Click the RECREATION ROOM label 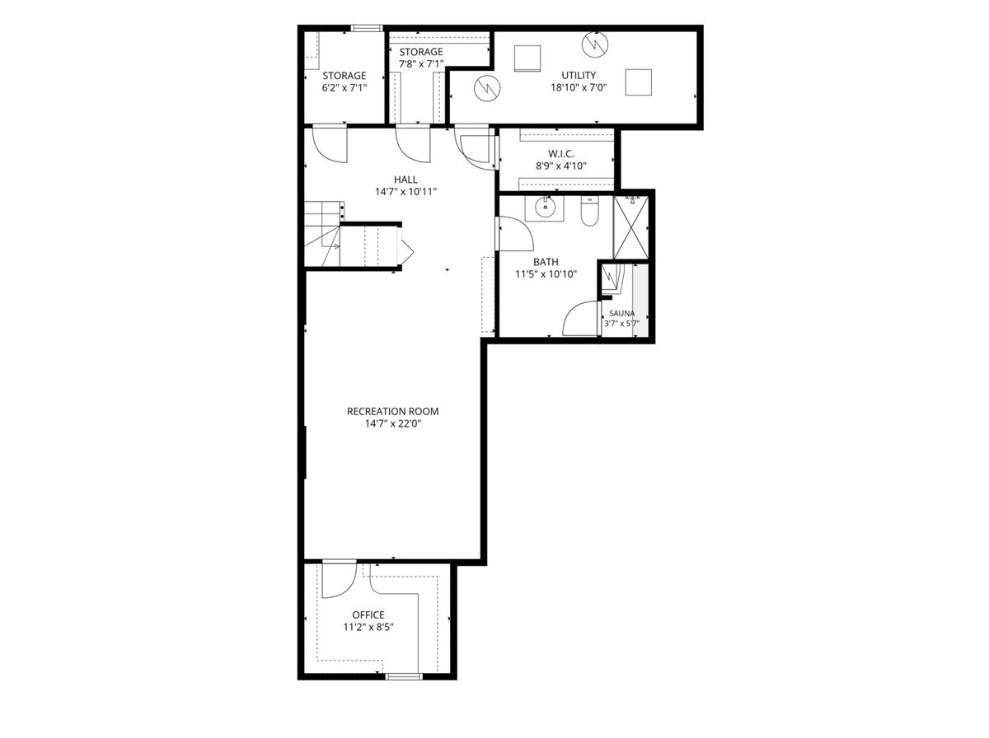click(x=392, y=411)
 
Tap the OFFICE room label click(x=368, y=614)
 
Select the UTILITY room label click(x=579, y=75)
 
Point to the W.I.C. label click(x=561, y=153)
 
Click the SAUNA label click(x=621, y=313)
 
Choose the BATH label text click(x=546, y=262)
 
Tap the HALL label click(x=405, y=180)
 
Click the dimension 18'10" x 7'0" click(x=579, y=87)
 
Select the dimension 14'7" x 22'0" click(x=393, y=423)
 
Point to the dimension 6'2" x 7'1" click(x=345, y=87)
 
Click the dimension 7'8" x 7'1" click(x=421, y=64)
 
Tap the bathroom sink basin click(x=546, y=207)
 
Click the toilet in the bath click(x=589, y=211)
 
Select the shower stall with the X click(x=630, y=227)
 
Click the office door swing click(x=339, y=580)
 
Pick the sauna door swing click(x=581, y=318)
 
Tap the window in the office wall click(x=404, y=689)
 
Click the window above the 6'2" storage click(x=367, y=28)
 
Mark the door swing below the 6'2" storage click(x=330, y=144)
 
